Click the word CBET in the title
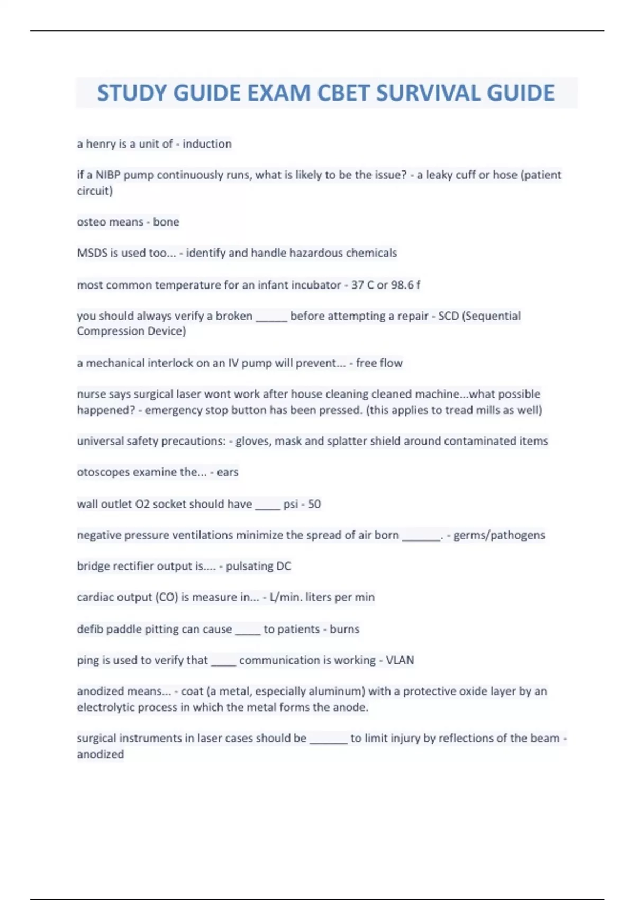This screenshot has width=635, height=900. pos(343,93)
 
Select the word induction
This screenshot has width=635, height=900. pos(207,144)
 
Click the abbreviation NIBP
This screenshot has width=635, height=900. pos(108,175)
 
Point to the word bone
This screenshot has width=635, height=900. pos(166,222)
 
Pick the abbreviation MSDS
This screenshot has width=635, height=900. pos(92,253)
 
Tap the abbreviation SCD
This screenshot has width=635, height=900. pos(448,316)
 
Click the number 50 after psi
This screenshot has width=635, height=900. pos(314,504)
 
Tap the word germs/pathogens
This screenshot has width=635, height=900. pos(499,535)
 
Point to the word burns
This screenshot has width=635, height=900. pos(344,629)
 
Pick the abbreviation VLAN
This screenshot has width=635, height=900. pos(400,660)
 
